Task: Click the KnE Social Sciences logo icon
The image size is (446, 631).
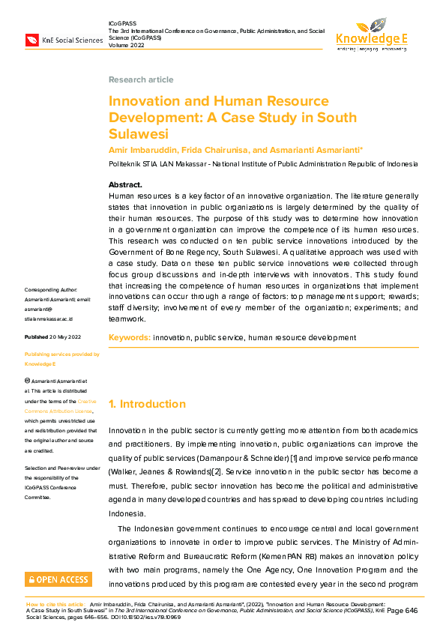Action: (32, 40)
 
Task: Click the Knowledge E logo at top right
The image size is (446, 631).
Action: (371, 34)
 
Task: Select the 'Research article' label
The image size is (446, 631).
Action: (141, 79)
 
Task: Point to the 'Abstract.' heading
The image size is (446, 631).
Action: (126, 184)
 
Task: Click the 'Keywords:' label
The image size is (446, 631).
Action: (130, 338)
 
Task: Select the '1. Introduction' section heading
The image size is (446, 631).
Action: (147, 404)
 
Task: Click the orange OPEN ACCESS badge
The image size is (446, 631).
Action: (58, 579)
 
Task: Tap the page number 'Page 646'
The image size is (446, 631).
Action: (402, 611)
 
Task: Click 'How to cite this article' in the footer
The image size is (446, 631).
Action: (55, 603)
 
